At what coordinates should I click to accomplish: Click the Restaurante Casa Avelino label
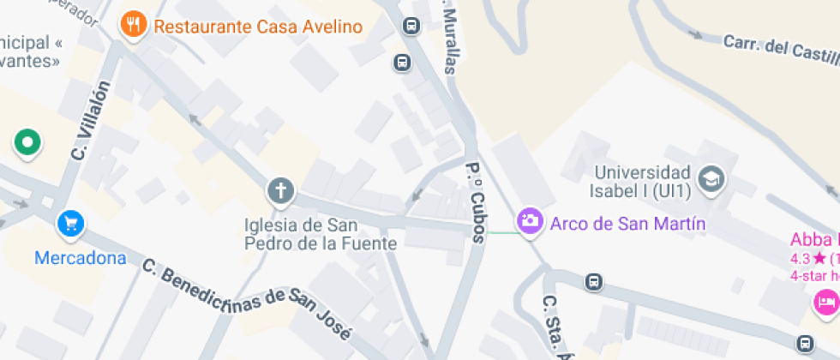[258, 27]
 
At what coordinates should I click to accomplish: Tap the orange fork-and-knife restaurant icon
[132, 25]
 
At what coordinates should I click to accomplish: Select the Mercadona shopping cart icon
[71, 225]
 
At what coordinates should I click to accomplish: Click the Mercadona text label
[81, 257]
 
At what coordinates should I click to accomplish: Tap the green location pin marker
[27, 142]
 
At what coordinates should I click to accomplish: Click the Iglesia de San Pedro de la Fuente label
[321, 234]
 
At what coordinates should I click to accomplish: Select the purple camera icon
[530, 221]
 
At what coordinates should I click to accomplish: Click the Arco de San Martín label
[627, 224]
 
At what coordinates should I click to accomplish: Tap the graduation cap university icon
[711, 179]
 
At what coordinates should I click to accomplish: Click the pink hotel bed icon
[826, 302]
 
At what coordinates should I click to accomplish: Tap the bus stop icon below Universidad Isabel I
[592, 282]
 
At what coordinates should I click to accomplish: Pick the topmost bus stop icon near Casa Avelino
[411, 26]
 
